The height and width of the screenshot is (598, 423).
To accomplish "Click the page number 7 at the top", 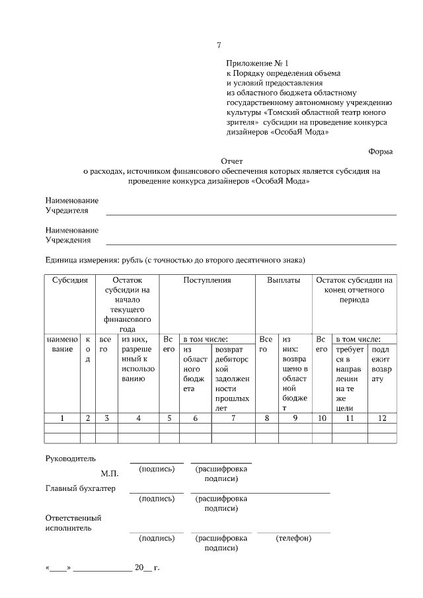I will (x=219, y=45).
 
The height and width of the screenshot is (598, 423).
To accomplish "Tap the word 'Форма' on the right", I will (x=381, y=151).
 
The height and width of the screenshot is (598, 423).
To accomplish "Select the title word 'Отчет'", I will (x=231, y=161).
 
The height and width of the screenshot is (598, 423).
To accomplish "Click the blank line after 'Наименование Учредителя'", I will (x=251, y=213).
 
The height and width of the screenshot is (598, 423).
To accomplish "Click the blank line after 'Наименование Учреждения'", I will (x=251, y=243).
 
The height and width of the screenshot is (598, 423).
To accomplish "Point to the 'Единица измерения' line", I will (x=175, y=260).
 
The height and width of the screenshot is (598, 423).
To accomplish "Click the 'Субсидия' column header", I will (x=70, y=280).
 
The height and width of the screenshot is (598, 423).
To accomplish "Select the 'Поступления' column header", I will (x=207, y=280).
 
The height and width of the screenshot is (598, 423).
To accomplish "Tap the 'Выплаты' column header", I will (x=284, y=280).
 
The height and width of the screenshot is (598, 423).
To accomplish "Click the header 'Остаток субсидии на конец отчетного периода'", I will (x=354, y=289).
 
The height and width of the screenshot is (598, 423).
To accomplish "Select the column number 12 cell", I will (x=382, y=418).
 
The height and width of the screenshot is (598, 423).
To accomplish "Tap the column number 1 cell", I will (x=62, y=418).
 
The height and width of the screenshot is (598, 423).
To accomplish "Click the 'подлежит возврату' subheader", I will (x=381, y=364).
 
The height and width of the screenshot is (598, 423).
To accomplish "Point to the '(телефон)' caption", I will (x=293, y=538).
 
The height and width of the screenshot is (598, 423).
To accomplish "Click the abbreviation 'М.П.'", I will (x=109, y=474).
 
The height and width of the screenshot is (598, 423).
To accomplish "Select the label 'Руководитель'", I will (x=70, y=459).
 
